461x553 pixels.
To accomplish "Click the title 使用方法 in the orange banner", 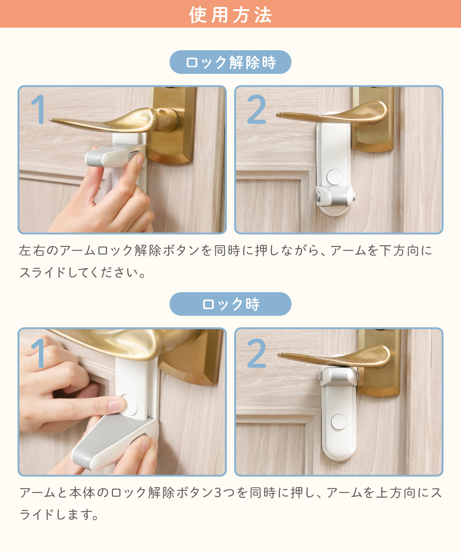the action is tap(230, 15).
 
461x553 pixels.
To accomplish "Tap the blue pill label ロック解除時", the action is tap(230, 62).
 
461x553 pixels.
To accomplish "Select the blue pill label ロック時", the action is tap(230, 304).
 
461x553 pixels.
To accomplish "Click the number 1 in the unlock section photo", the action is tap(38, 109).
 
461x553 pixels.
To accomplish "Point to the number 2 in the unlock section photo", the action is tap(256, 109).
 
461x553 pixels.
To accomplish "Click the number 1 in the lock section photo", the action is tap(38, 353).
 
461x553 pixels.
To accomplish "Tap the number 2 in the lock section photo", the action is tap(256, 353).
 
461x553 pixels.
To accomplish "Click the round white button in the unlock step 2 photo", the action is tap(334, 177).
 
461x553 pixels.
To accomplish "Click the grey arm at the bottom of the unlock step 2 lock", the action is tap(335, 195).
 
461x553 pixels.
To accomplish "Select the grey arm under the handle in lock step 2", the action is tap(339, 376).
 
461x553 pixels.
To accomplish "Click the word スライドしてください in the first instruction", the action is tap(79, 272).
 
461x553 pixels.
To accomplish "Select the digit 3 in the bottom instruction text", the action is tap(217, 493).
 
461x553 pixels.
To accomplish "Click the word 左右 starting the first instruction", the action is tap(32, 251).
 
